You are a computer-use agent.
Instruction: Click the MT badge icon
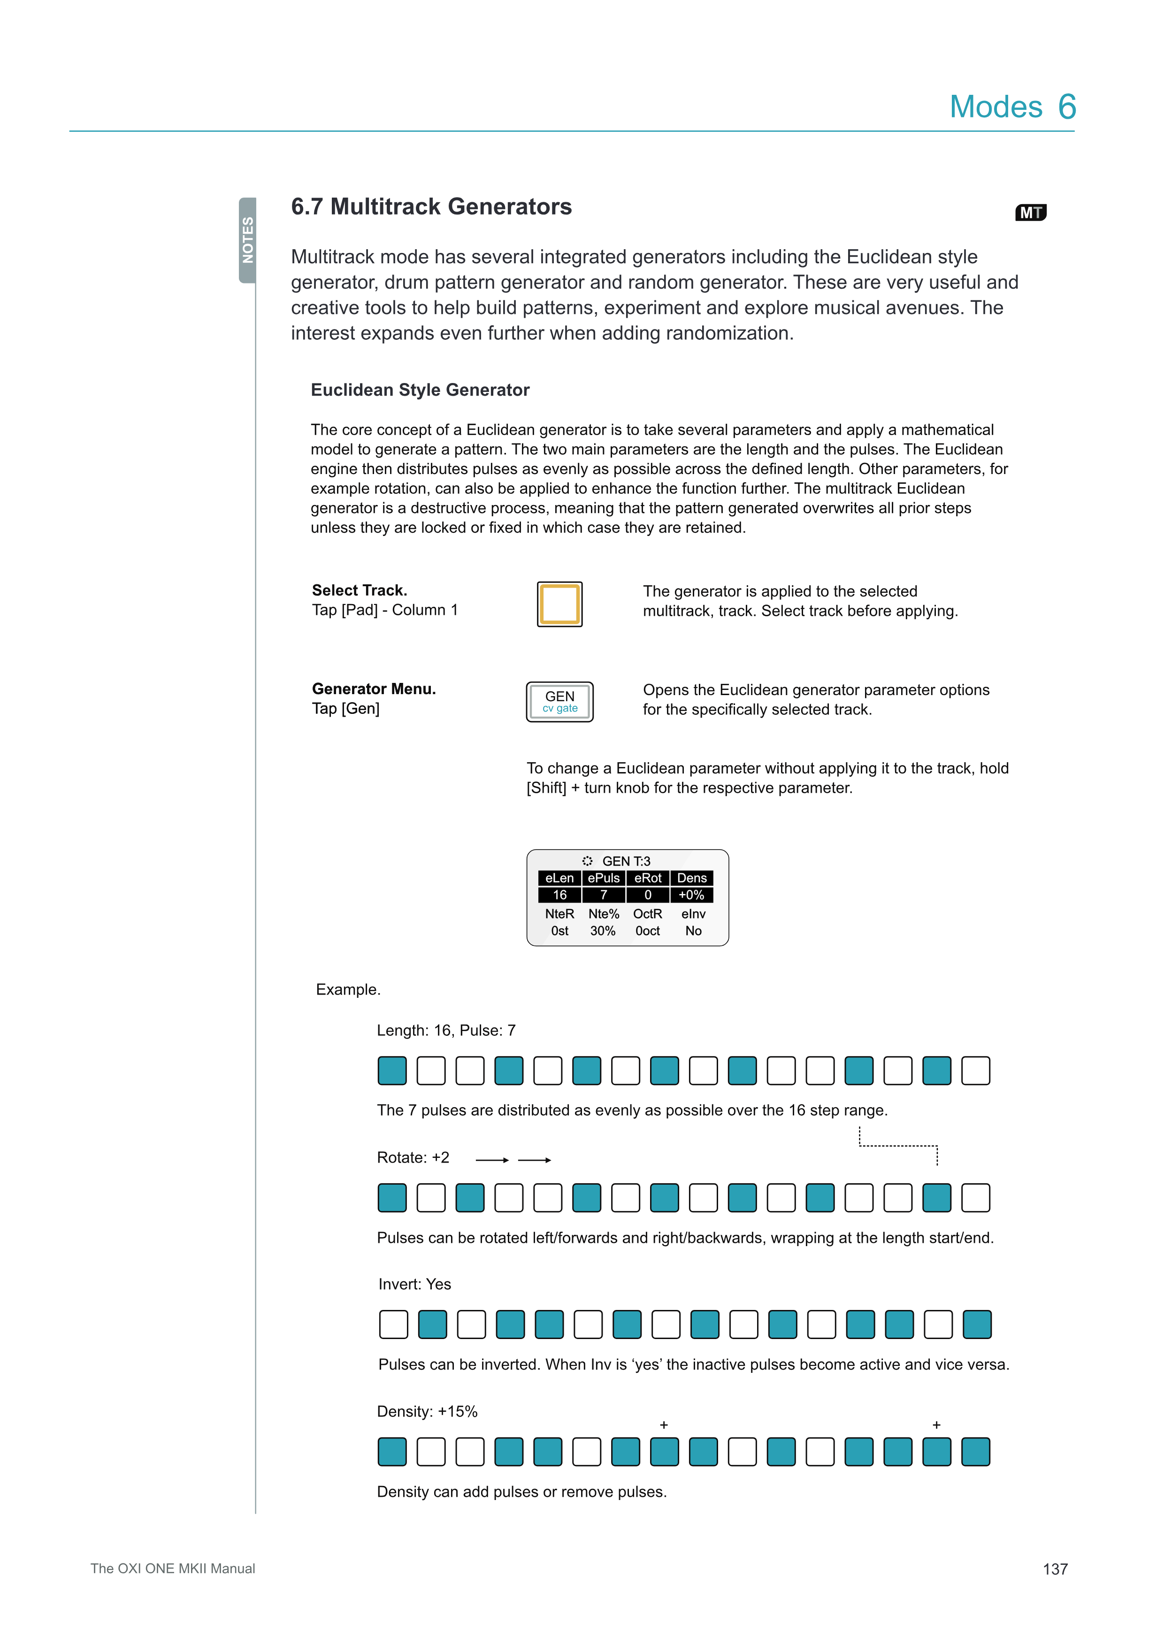coord(1031,213)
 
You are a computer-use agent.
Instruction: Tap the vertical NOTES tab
coord(248,240)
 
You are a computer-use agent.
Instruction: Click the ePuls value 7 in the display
coord(604,895)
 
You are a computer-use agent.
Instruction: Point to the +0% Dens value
coord(692,895)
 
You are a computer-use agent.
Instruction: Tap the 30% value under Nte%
coord(603,931)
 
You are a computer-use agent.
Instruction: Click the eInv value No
coord(693,931)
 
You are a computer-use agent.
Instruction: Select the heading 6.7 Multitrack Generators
coord(431,207)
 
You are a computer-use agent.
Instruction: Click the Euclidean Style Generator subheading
coord(420,390)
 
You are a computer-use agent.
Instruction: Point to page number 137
coord(1055,1569)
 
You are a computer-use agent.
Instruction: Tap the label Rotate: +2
coord(413,1158)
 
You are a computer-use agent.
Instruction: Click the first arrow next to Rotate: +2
coord(492,1160)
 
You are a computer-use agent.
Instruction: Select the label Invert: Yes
coord(414,1284)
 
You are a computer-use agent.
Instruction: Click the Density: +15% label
coord(427,1412)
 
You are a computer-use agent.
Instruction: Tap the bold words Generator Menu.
coord(374,689)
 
